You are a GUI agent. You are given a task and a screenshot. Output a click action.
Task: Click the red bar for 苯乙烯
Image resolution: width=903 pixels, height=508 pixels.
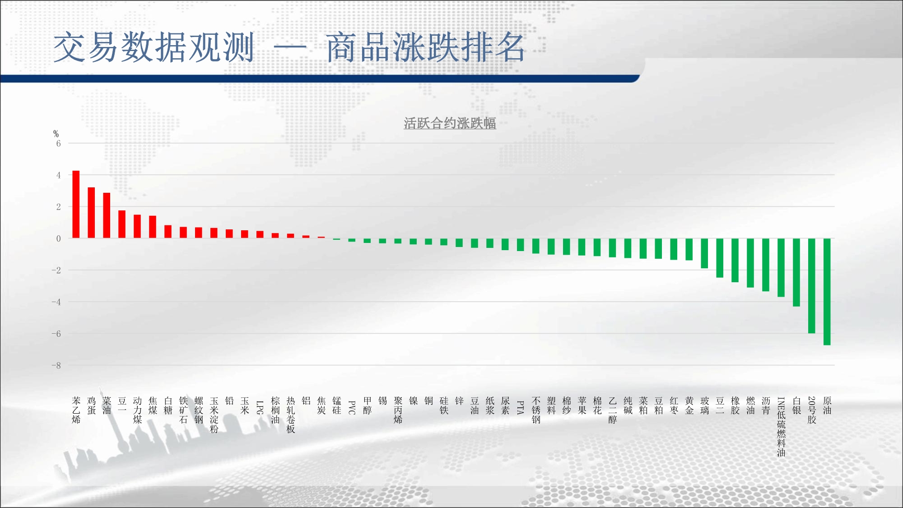point(76,204)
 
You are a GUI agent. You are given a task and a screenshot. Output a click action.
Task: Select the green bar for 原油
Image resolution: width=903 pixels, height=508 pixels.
point(827,292)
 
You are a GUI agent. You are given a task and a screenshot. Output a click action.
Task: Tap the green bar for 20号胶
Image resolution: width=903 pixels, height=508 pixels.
point(811,286)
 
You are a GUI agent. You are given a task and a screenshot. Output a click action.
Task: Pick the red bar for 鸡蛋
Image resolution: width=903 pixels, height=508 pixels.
point(91,213)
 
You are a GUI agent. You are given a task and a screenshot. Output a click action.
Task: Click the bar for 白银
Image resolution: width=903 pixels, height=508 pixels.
point(796,272)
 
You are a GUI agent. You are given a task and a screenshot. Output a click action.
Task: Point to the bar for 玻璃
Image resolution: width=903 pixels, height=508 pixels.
point(704,253)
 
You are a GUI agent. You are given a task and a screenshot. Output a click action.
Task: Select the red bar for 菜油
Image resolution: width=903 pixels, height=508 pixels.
point(107,215)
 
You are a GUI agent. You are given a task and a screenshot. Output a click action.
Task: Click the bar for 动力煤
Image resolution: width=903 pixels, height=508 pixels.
point(137,226)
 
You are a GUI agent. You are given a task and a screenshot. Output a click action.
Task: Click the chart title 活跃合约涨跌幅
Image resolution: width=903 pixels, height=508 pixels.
point(450,123)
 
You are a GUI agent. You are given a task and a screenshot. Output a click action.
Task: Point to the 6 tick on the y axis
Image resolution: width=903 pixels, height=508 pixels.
point(58,144)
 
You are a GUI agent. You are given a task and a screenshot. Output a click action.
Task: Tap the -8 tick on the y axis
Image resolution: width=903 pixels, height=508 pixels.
point(56,365)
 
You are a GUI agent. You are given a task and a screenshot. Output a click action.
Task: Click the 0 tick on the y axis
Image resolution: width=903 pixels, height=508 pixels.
point(58,238)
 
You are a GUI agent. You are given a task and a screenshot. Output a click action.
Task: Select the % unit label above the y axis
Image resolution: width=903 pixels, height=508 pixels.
point(56,134)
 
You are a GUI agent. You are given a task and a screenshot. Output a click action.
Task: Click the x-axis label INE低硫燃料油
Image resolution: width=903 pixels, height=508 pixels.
point(781,427)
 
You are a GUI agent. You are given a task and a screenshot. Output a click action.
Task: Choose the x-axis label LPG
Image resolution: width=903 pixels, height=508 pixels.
point(260,407)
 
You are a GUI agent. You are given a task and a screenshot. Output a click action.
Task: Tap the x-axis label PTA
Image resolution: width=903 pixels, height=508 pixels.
point(520,407)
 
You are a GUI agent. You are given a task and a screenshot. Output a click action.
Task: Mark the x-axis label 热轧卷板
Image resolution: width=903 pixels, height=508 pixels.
point(291,415)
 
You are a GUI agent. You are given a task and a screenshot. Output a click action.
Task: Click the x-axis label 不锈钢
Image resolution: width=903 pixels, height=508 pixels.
point(536,410)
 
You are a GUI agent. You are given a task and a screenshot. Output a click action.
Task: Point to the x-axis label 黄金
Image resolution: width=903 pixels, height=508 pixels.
point(689,405)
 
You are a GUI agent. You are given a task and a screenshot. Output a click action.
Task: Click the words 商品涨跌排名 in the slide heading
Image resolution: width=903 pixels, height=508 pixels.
point(425,47)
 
